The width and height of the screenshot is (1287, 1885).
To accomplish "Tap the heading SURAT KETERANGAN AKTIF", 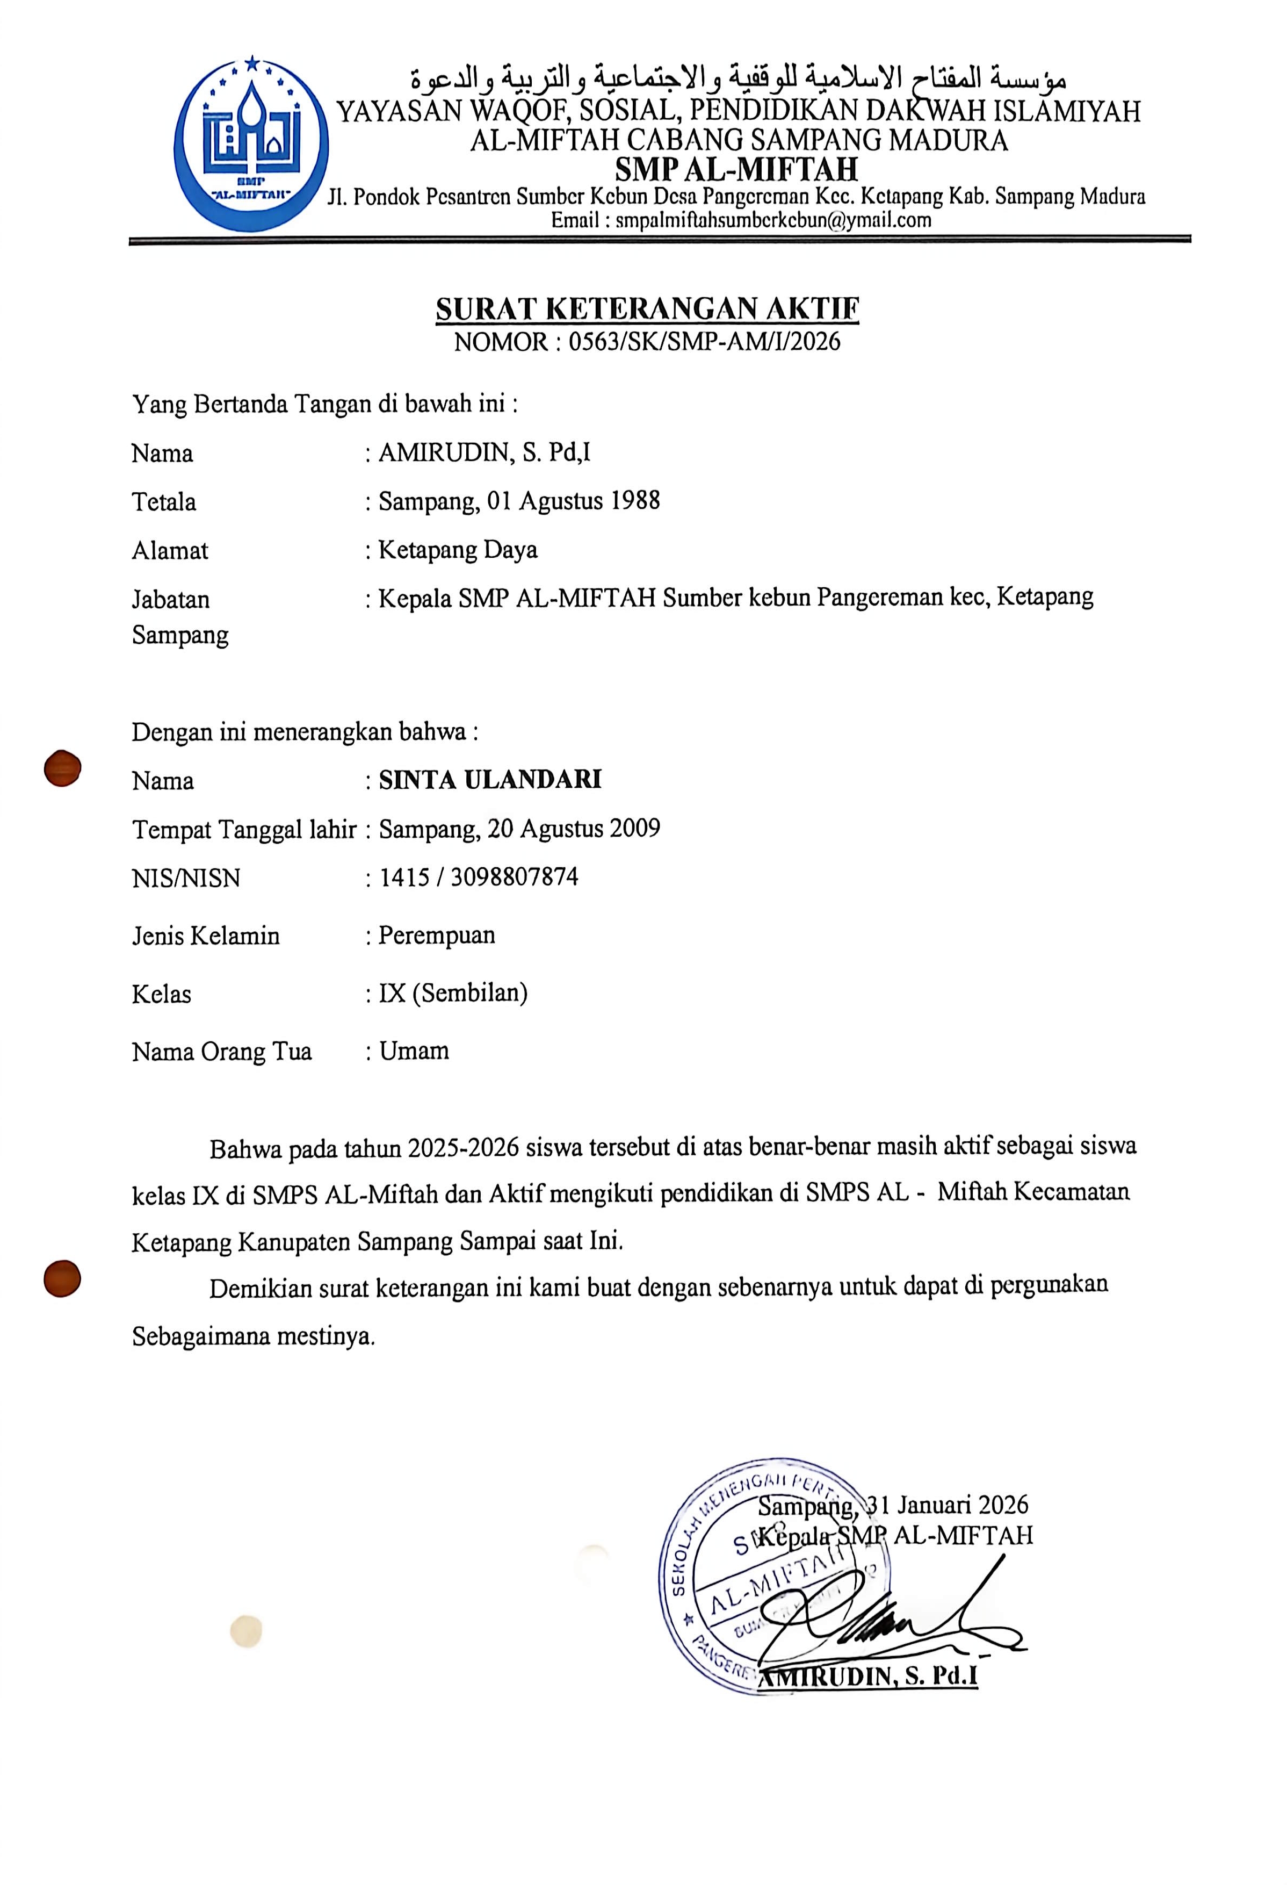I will [x=647, y=309].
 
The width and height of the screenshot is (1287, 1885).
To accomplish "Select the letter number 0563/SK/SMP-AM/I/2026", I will [x=704, y=341].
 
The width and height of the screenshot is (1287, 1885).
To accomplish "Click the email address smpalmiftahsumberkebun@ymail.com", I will [x=773, y=220].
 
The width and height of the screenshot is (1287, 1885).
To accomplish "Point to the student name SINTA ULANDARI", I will [x=490, y=780].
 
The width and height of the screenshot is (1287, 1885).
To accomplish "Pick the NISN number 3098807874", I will [x=514, y=877].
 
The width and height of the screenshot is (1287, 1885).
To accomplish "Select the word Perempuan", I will [x=436, y=935].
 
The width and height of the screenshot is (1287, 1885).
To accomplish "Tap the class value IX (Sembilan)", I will [x=452, y=993].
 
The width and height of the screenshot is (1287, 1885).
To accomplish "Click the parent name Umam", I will [x=414, y=1051].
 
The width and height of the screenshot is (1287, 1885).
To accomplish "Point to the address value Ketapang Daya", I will [x=458, y=550].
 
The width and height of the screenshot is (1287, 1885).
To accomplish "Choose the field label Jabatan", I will [x=170, y=600].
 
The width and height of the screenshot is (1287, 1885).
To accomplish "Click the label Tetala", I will [x=164, y=502].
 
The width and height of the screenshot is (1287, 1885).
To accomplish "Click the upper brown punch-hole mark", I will [x=62, y=767].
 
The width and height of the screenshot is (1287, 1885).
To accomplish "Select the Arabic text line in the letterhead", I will [x=738, y=78].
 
